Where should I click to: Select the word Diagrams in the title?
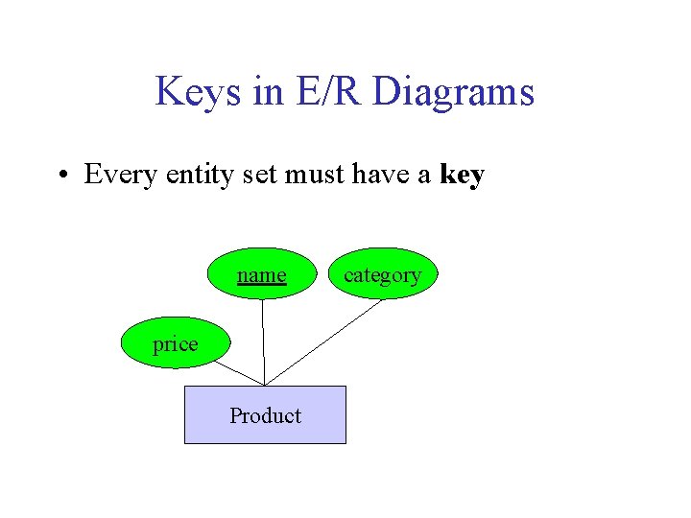click(452, 93)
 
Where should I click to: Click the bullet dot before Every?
click(60, 176)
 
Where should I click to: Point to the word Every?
click(120, 175)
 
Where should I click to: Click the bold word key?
click(462, 176)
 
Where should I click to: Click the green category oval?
click(382, 274)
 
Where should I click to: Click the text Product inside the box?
click(265, 415)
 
